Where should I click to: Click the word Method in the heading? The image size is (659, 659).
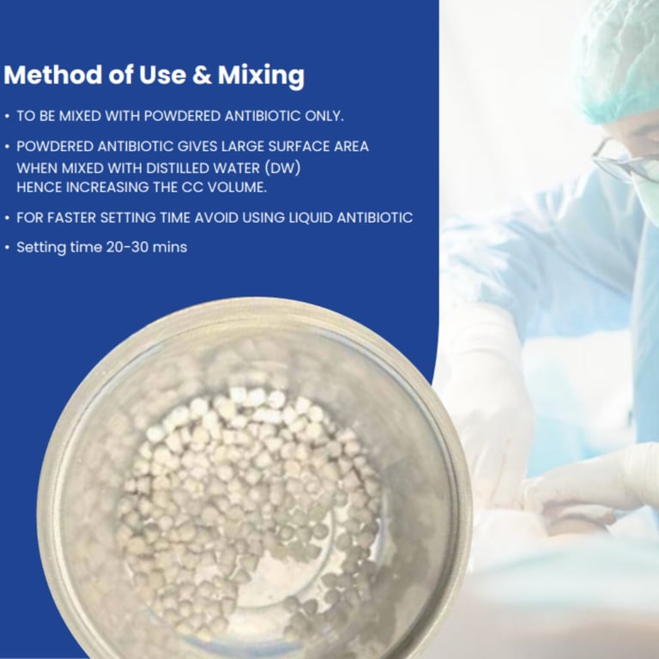[x=52, y=75]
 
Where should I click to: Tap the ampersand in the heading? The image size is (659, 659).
[x=202, y=75]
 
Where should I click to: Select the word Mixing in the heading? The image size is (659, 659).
[x=261, y=76]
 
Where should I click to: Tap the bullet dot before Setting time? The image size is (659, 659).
[x=7, y=247]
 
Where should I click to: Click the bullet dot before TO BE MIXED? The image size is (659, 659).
[x=7, y=117]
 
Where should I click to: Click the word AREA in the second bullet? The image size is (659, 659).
[x=351, y=146]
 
